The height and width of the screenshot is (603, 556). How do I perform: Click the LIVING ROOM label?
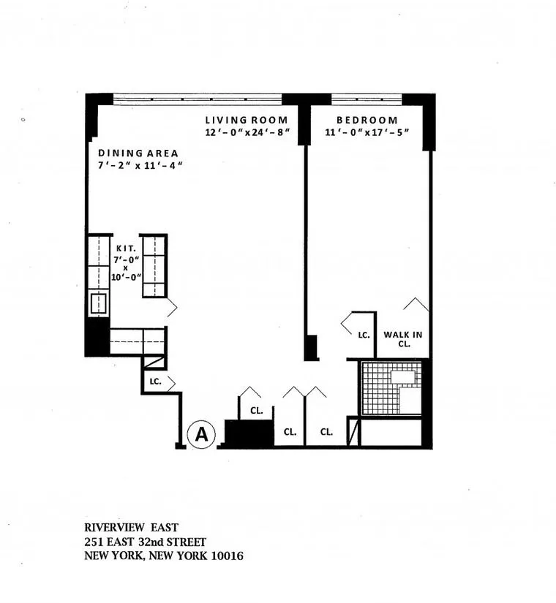[246, 120]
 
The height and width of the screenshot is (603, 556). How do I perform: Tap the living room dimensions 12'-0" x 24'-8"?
[248, 132]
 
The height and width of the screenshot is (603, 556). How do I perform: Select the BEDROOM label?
[367, 120]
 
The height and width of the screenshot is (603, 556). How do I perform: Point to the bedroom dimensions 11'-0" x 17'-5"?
[367, 132]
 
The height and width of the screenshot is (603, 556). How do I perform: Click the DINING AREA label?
[138, 153]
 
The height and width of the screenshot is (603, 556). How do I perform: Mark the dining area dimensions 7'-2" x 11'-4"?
[139, 166]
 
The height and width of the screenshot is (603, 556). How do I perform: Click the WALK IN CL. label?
[403, 339]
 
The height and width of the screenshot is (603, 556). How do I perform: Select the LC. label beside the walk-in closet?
[363, 335]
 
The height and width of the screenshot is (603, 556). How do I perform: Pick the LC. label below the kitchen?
[154, 382]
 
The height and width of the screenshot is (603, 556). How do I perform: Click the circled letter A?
[201, 435]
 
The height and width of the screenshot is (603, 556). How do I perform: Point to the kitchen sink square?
[98, 303]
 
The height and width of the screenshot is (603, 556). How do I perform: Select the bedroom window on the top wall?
[366, 98]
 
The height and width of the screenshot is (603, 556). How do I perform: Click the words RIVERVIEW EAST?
[131, 528]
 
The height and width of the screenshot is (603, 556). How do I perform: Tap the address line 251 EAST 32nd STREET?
[145, 542]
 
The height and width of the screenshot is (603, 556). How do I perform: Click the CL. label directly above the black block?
[256, 411]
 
